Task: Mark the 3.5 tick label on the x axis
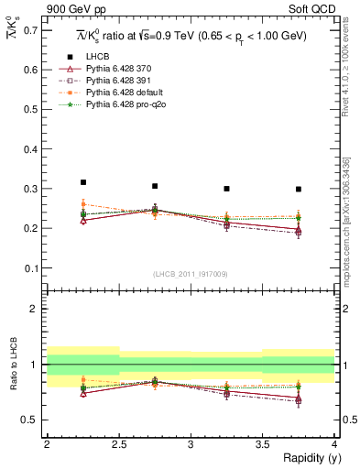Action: point(262,444)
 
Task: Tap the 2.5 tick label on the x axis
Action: point(119,444)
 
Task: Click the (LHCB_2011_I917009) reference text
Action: point(191,274)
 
